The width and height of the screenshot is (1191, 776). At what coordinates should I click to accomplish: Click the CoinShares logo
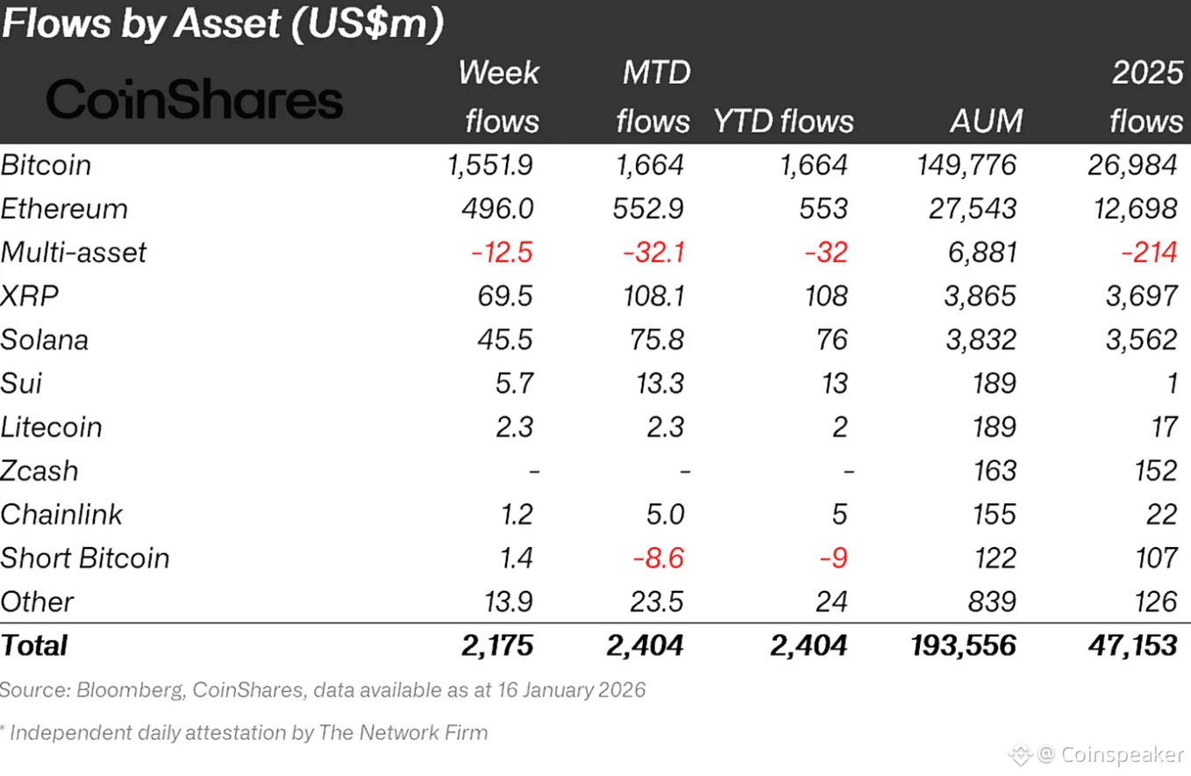pyautogui.click(x=194, y=101)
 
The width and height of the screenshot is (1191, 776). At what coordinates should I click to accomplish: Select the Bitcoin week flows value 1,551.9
pyautogui.click(x=489, y=166)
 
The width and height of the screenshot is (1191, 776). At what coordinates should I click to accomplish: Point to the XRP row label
pyautogui.click(x=30, y=296)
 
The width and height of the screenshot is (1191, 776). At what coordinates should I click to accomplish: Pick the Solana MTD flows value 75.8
pyautogui.click(x=651, y=340)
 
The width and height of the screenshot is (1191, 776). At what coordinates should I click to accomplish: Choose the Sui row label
pyautogui.click(x=22, y=383)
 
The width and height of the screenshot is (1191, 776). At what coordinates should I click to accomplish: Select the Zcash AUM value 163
pyautogui.click(x=995, y=471)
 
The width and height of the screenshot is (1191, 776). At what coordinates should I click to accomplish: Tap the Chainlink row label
pyautogui.click(x=62, y=515)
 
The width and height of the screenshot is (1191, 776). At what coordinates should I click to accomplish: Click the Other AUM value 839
pyautogui.click(x=995, y=602)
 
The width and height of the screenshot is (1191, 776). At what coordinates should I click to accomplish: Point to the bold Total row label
pyautogui.click(x=34, y=646)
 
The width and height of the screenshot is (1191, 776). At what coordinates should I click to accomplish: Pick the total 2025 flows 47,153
pyautogui.click(x=1127, y=646)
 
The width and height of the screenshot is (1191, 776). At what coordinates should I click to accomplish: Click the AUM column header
pyautogui.click(x=986, y=121)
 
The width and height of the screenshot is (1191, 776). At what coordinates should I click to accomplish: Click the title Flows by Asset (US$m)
pyautogui.click(x=222, y=25)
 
